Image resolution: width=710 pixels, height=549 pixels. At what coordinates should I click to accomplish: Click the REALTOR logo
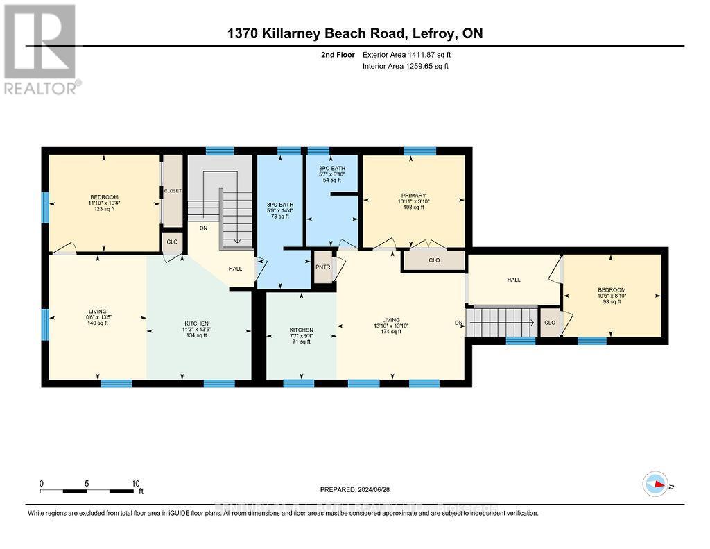[41, 49]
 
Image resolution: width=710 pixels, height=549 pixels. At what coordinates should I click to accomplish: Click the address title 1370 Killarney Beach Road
[354, 33]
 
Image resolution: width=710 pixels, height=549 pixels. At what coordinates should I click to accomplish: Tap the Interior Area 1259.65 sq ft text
[406, 67]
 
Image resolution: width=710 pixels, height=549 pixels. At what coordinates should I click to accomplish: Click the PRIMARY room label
[413, 196]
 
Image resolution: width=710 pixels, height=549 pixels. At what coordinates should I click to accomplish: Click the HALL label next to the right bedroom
[513, 280]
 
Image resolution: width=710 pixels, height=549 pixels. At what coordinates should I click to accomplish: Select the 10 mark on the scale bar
[136, 483]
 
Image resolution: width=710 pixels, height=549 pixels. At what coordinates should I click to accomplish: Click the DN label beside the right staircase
[458, 323]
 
